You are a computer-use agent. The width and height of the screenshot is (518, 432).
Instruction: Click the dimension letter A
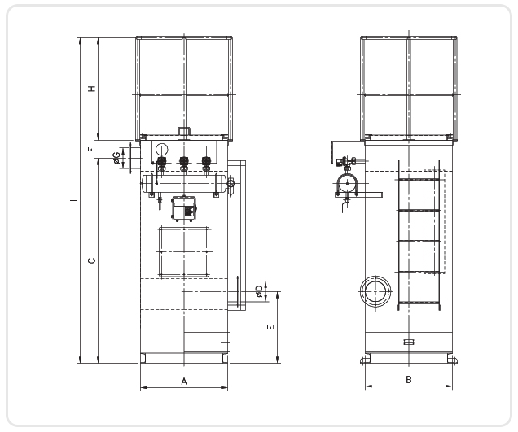click(184, 382)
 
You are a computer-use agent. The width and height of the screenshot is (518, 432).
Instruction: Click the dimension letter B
click(409, 380)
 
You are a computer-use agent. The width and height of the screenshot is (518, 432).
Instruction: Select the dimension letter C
click(92, 260)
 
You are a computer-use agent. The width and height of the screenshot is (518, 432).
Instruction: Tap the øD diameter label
click(260, 291)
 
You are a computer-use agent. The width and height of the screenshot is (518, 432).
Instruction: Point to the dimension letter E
click(270, 327)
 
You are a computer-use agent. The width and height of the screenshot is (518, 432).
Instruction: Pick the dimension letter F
click(92, 149)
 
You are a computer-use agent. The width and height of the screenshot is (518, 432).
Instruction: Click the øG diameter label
click(116, 158)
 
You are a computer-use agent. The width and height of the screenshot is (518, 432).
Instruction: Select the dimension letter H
click(92, 89)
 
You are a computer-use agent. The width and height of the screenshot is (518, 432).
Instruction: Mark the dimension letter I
click(74, 200)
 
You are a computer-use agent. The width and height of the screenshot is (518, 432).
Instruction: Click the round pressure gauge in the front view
click(161, 149)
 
